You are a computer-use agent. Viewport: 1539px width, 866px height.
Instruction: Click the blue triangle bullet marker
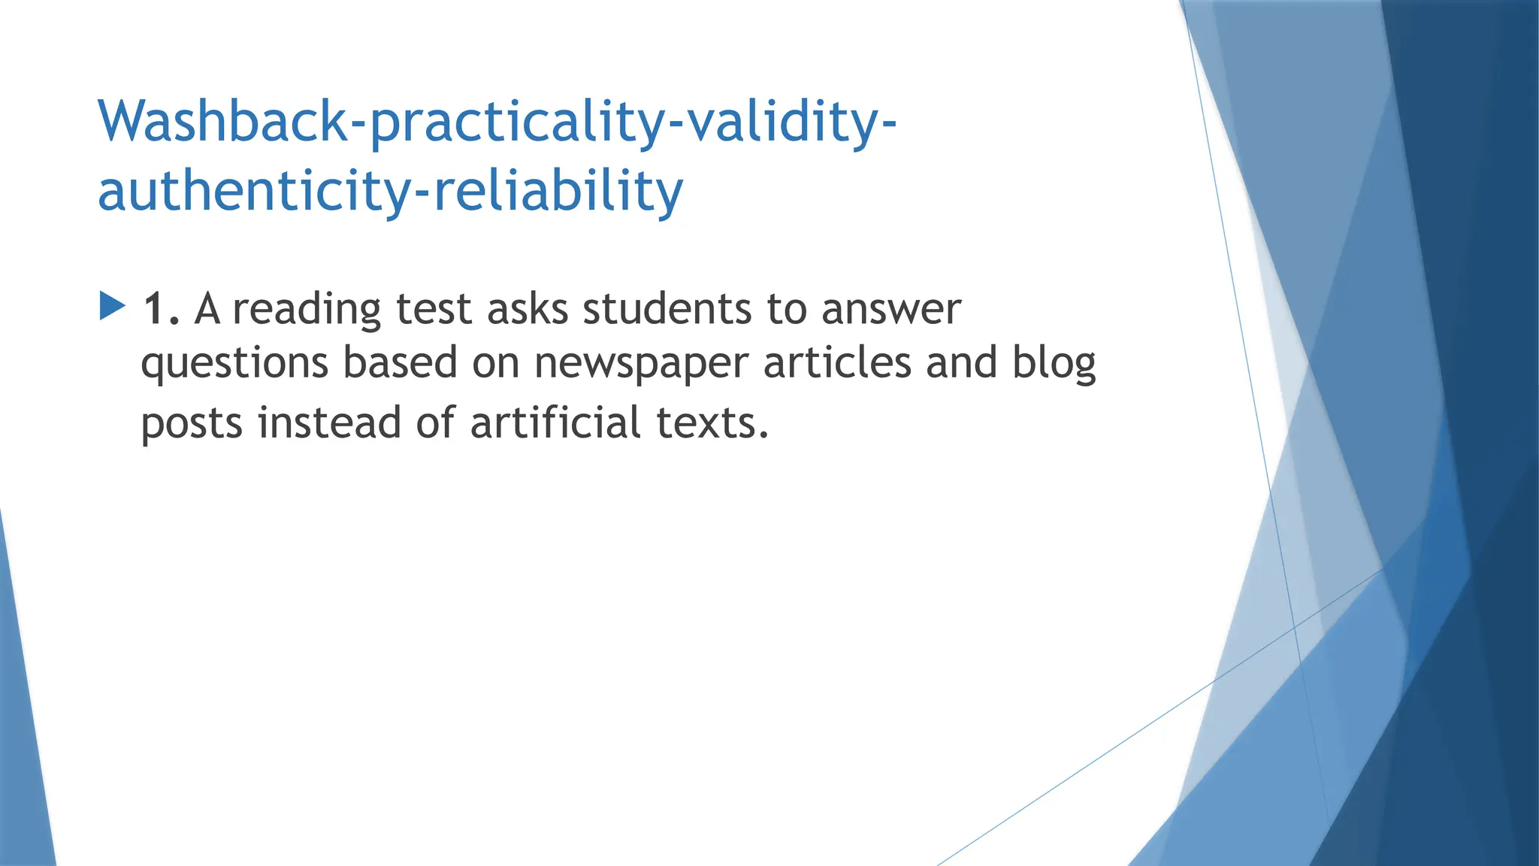(112, 306)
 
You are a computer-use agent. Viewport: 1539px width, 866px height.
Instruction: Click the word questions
(234, 363)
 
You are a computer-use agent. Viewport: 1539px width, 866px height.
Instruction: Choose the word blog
(1054, 363)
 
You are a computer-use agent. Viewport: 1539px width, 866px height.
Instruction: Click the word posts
(192, 423)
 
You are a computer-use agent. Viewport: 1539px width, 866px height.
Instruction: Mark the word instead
(329, 423)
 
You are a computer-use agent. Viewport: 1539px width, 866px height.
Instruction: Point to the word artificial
(555, 423)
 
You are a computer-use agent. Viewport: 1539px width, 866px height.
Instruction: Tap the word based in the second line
(400, 363)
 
